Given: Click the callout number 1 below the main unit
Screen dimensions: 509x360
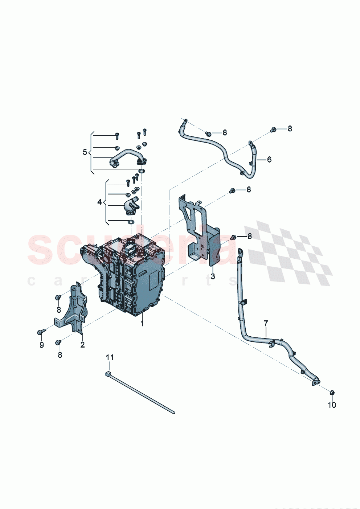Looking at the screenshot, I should (x=142, y=323).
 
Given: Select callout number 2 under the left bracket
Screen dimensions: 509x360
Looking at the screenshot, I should (x=82, y=345).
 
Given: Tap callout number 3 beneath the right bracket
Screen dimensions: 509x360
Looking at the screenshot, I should (x=213, y=276).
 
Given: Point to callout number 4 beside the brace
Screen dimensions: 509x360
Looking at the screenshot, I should (x=100, y=202).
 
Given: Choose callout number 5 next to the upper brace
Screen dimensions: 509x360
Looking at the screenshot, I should (x=85, y=152).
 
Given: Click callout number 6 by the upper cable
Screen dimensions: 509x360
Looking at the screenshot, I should (x=269, y=159).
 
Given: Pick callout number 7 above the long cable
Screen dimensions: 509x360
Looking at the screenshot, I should (x=266, y=323).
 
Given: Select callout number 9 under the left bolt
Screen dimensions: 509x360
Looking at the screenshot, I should (x=42, y=345).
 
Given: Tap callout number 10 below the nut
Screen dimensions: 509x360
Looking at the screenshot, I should (x=332, y=405).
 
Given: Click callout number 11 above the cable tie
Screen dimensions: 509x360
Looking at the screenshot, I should (x=110, y=357).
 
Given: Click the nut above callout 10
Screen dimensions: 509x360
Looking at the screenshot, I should (x=332, y=393).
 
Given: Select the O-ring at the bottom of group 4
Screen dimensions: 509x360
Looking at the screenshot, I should (x=131, y=222).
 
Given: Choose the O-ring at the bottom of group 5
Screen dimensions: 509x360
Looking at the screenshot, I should (x=142, y=171).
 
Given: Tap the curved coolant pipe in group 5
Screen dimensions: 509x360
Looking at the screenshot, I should (x=125, y=156).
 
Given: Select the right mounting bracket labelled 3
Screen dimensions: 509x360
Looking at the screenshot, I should (x=201, y=232).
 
